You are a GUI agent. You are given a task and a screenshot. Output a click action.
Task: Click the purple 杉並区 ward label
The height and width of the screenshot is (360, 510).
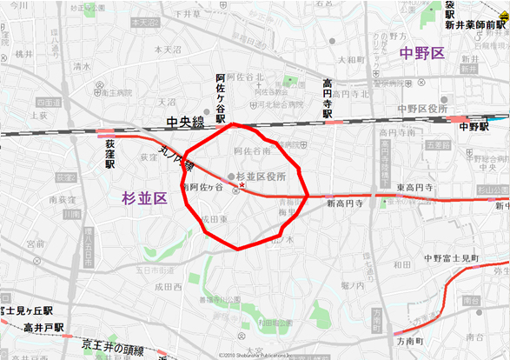pyautogui.click(x=143, y=198)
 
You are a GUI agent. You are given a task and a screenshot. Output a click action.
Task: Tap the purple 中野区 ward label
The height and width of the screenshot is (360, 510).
pyautogui.click(x=422, y=54)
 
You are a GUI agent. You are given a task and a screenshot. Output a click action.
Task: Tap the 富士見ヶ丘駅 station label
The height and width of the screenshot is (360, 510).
pyautogui.click(x=27, y=310)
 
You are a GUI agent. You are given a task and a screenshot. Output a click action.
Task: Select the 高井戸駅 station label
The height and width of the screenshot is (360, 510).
pyautogui.click(x=44, y=327)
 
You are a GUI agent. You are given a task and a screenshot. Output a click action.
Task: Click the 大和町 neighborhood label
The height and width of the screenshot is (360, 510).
pyautogui.click(x=349, y=60)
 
